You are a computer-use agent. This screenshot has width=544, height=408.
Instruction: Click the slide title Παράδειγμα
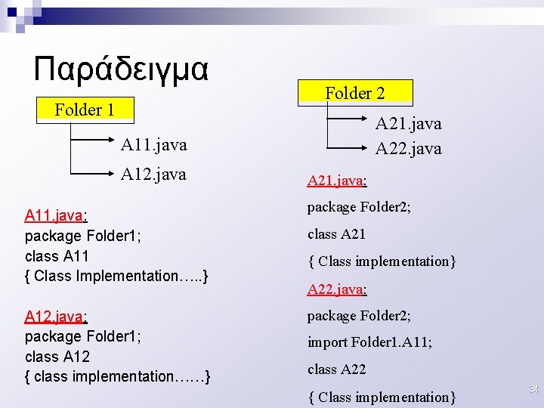tap(121, 70)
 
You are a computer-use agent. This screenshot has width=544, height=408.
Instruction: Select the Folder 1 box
tap(85, 110)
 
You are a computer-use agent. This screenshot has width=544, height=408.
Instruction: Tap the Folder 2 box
tap(355, 93)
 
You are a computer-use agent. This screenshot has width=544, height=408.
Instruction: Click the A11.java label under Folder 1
tap(153, 144)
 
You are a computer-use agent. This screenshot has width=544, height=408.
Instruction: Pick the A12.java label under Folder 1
tap(153, 175)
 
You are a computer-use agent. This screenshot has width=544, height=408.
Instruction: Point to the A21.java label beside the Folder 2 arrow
tap(408, 123)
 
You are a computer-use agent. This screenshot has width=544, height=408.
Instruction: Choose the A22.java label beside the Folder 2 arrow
tap(408, 149)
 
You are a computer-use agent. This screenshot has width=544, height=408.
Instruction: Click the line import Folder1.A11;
tap(369, 342)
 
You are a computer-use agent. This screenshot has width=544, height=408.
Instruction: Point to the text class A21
tap(336, 234)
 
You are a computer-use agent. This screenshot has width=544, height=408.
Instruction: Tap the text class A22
tap(336, 369)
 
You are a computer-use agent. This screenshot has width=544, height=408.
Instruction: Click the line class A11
tap(57, 256)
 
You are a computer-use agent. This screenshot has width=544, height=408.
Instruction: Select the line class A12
tap(57, 357)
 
